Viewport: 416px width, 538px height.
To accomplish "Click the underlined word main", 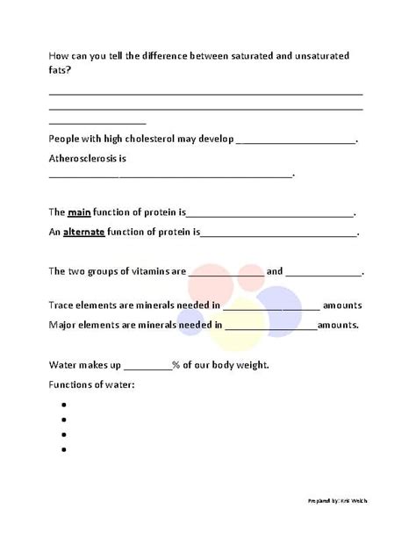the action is [x=81, y=212].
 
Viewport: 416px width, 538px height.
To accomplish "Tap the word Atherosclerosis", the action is [x=82, y=159].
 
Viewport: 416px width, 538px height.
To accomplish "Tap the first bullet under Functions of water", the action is [x=65, y=405].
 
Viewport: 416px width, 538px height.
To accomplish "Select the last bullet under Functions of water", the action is [x=65, y=450].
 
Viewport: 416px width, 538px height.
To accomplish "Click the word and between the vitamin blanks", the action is [x=274, y=271].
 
